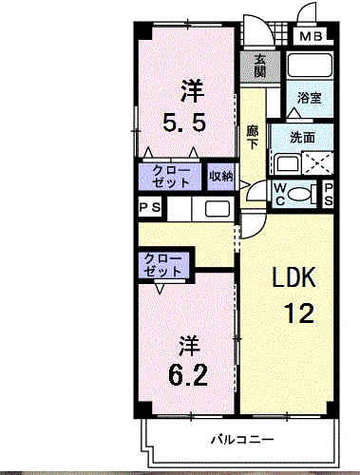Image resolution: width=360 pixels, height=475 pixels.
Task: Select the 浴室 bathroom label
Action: [x=309, y=97]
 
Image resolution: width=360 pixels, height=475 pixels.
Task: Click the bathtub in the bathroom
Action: [x=309, y=67]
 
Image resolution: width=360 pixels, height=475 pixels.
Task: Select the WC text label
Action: [x=282, y=194]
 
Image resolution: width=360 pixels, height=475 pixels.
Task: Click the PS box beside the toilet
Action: [x=328, y=194]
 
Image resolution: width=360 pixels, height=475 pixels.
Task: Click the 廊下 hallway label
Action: [x=252, y=138]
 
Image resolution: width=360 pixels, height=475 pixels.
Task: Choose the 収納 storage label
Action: [x=220, y=176]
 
